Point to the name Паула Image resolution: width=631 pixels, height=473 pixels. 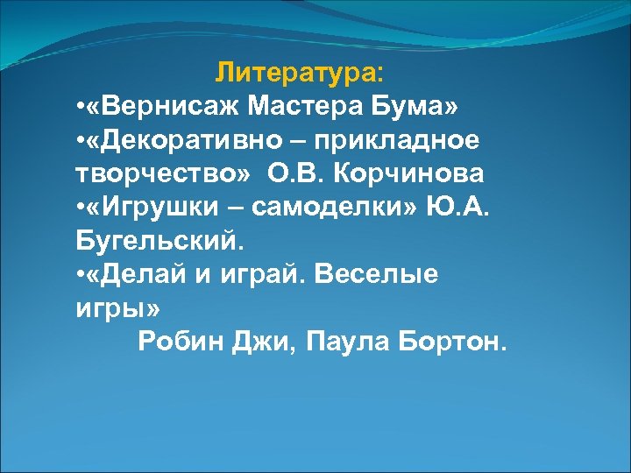[x=350, y=342]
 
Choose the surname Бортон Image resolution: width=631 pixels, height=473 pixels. [x=452, y=342]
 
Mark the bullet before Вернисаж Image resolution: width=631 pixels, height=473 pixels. [x=80, y=108]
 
